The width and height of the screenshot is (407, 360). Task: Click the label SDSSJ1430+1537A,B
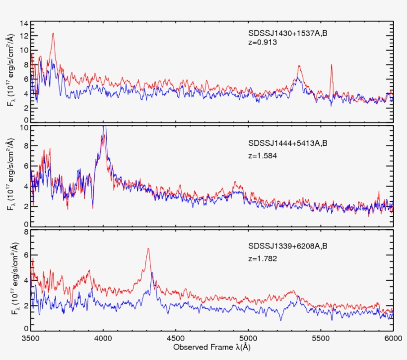(x=285, y=34)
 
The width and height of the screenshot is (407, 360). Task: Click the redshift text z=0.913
(x=262, y=43)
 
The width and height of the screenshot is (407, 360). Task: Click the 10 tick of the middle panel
(x=22, y=127)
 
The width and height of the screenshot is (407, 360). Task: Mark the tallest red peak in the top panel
(x=53, y=34)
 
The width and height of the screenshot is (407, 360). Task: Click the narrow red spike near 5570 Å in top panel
(x=331, y=65)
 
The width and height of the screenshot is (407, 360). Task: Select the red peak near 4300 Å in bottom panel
(x=148, y=249)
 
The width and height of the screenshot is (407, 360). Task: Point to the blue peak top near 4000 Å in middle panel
(x=104, y=127)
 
